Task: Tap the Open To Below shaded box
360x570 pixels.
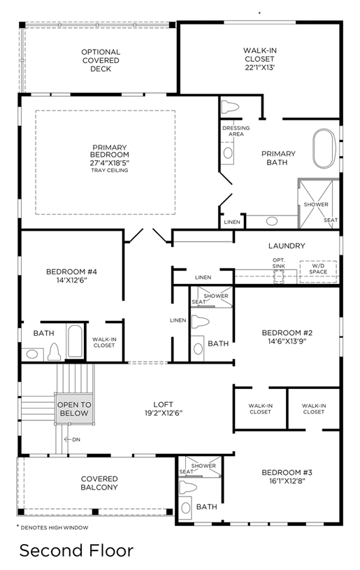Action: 74,408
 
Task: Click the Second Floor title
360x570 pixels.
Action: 77,550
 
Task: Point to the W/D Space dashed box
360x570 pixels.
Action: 318,271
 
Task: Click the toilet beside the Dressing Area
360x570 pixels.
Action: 230,107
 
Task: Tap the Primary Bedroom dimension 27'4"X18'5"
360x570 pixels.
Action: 110,163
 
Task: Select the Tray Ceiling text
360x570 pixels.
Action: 110,170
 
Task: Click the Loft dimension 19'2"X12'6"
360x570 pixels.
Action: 163,413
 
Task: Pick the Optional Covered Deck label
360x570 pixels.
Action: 101,60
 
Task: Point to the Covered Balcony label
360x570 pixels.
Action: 99,483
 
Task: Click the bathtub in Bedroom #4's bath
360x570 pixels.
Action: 75,341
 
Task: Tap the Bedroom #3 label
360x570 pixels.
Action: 287,473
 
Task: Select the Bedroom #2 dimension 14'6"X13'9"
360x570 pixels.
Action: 287,341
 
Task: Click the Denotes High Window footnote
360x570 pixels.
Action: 52,527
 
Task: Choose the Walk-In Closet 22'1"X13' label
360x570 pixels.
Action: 260,59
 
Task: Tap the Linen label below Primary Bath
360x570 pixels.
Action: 232,222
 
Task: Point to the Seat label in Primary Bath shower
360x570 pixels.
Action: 331,220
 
